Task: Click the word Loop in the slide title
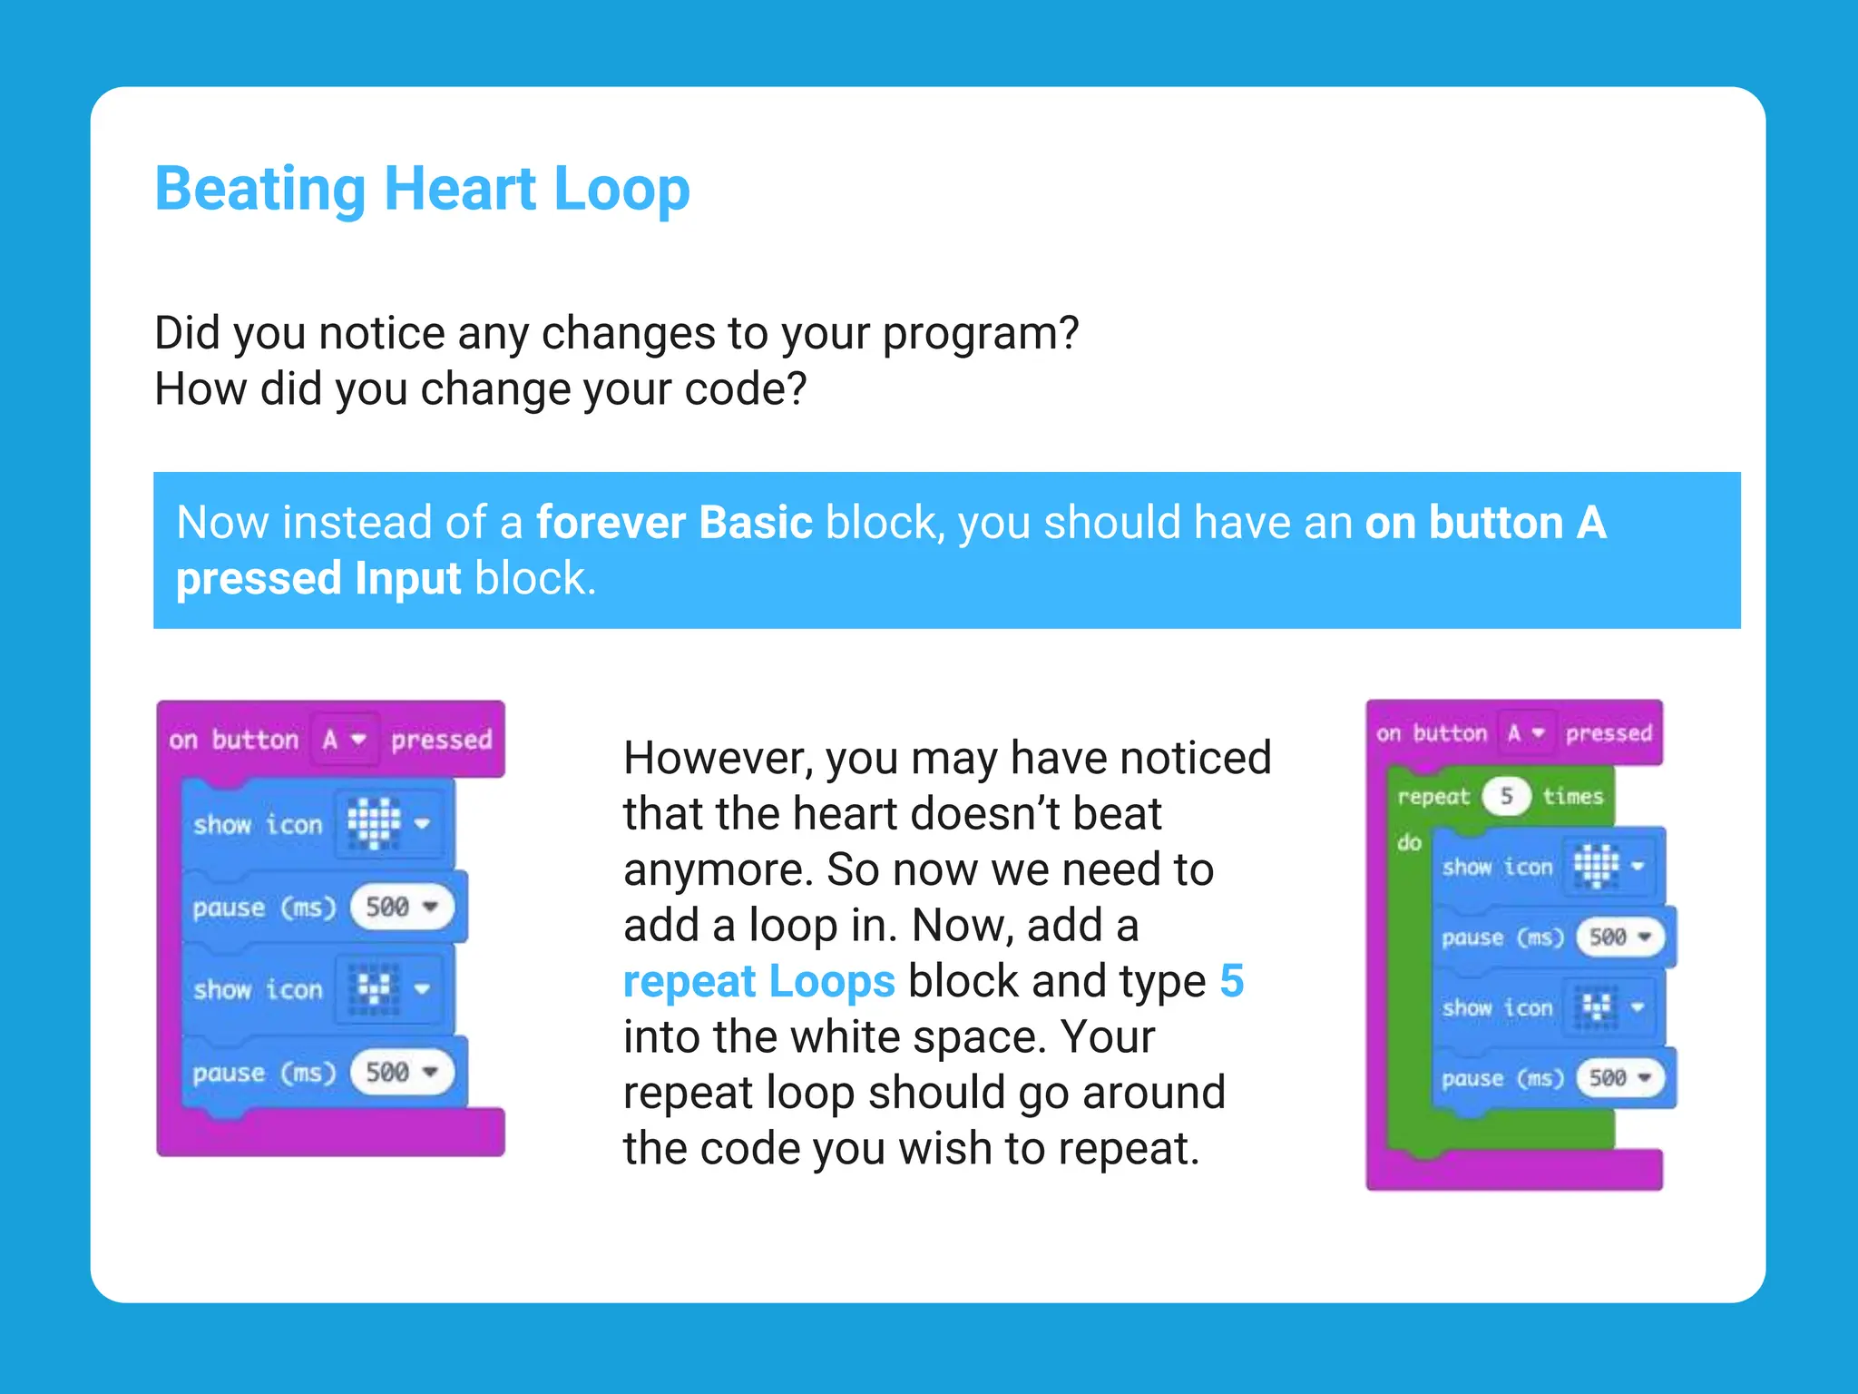(621, 189)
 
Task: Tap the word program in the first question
(981, 334)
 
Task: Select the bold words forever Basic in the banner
(674, 523)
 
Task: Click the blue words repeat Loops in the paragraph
(758, 981)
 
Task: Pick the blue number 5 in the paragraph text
(1231, 981)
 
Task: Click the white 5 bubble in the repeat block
(1506, 796)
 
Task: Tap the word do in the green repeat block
(1409, 843)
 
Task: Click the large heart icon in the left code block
(374, 823)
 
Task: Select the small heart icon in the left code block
(374, 988)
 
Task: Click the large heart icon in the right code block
(1596, 865)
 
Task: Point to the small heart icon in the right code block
(1596, 1006)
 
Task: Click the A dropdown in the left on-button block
(344, 740)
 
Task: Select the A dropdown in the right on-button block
(1525, 732)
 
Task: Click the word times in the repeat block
(1573, 796)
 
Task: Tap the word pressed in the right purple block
(1609, 732)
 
